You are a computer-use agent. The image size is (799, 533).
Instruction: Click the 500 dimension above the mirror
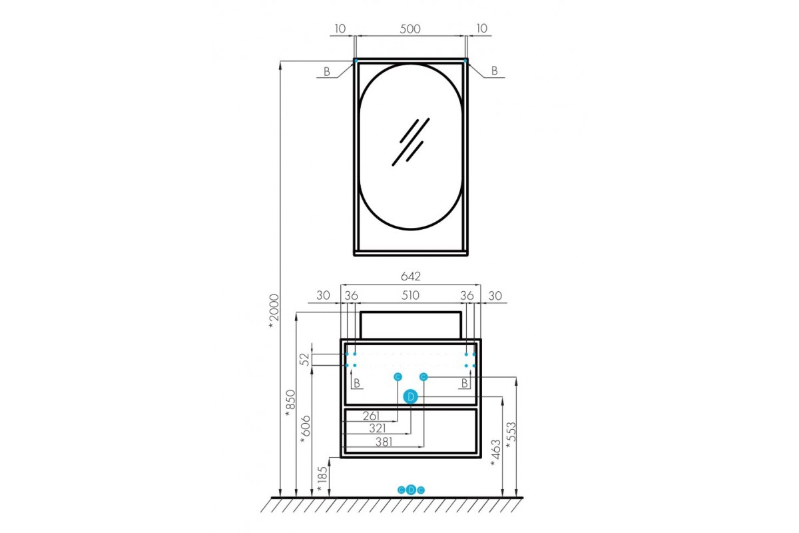coord(410,29)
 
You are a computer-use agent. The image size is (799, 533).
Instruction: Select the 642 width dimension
coord(411,276)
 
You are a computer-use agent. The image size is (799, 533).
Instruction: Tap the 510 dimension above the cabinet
coord(410,295)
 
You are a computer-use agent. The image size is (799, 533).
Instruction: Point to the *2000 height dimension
coord(274,311)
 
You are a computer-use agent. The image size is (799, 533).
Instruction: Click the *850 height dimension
coord(290,403)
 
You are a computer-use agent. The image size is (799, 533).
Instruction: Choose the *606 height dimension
coord(306,430)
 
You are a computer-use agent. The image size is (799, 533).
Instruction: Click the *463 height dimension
coord(496,453)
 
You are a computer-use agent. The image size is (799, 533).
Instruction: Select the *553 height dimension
coord(511,436)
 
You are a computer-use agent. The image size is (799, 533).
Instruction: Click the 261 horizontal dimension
coord(372,416)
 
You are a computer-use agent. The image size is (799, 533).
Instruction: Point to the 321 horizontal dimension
coord(378,428)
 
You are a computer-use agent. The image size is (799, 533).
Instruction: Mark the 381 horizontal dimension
coord(384,442)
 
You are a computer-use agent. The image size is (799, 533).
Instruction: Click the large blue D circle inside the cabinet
coord(411,397)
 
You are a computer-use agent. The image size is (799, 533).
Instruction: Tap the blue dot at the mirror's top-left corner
coord(356,61)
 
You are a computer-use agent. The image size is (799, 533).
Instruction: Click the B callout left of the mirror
coord(327,72)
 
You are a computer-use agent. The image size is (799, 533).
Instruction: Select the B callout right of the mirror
coord(494,71)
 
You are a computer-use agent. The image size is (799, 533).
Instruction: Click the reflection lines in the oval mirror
coord(411,142)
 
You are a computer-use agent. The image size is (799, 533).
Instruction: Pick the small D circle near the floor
coord(411,490)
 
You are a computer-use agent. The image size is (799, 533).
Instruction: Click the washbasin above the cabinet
coord(411,325)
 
